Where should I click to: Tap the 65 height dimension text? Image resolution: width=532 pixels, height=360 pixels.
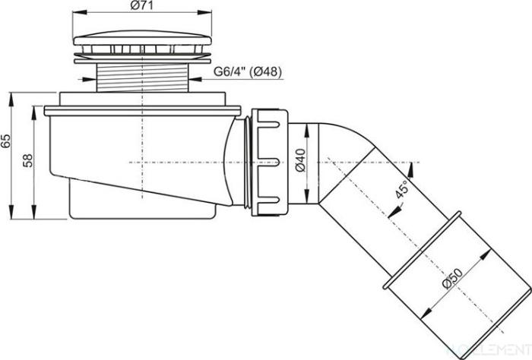6,141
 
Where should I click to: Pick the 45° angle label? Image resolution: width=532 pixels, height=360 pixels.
402,189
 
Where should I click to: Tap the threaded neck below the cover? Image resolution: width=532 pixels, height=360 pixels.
143,79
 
